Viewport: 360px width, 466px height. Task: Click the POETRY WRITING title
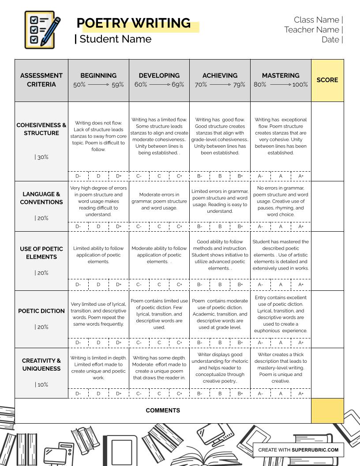pyautogui.click(x=134, y=23)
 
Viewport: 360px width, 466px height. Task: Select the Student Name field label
pyautogui.click(x=115, y=39)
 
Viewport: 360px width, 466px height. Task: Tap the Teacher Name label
pyautogui.click(x=311, y=30)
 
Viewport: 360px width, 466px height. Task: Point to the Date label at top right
pyautogui.click(x=330, y=40)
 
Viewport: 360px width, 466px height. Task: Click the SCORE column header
pyautogui.click(x=327, y=80)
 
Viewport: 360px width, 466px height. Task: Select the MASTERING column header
pyautogui.click(x=281, y=75)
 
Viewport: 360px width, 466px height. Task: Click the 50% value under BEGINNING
pyautogui.click(x=79, y=85)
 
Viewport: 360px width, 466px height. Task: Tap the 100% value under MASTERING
pyautogui.click(x=300, y=85)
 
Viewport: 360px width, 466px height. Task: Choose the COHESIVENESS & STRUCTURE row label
pyautogui.click(x=41, y=129)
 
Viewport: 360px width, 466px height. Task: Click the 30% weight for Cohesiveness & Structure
pyautogui.click(x=42, y=157)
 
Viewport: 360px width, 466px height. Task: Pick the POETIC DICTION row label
pyautogui.click(x=41, y=311)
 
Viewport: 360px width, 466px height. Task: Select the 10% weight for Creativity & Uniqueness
pyautogui.click(x=42, y=385)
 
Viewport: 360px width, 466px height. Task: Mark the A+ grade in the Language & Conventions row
pyautogui.click(x=301, y=226)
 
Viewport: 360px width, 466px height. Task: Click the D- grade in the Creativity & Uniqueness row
pyautogui.click(x=78, y=394)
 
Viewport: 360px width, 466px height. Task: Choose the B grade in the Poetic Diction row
pyautogui.click(x=220, y=342)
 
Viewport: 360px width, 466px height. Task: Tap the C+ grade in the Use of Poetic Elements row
pyautogui.click(x=180, y=285)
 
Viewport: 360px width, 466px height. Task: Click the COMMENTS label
pyautogui.click(x=163, y=410)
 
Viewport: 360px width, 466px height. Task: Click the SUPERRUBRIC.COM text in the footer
pyautogui.click(x=315, y=450)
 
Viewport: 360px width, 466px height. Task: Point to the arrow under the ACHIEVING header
pyautogui.click(x=220, y=85)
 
